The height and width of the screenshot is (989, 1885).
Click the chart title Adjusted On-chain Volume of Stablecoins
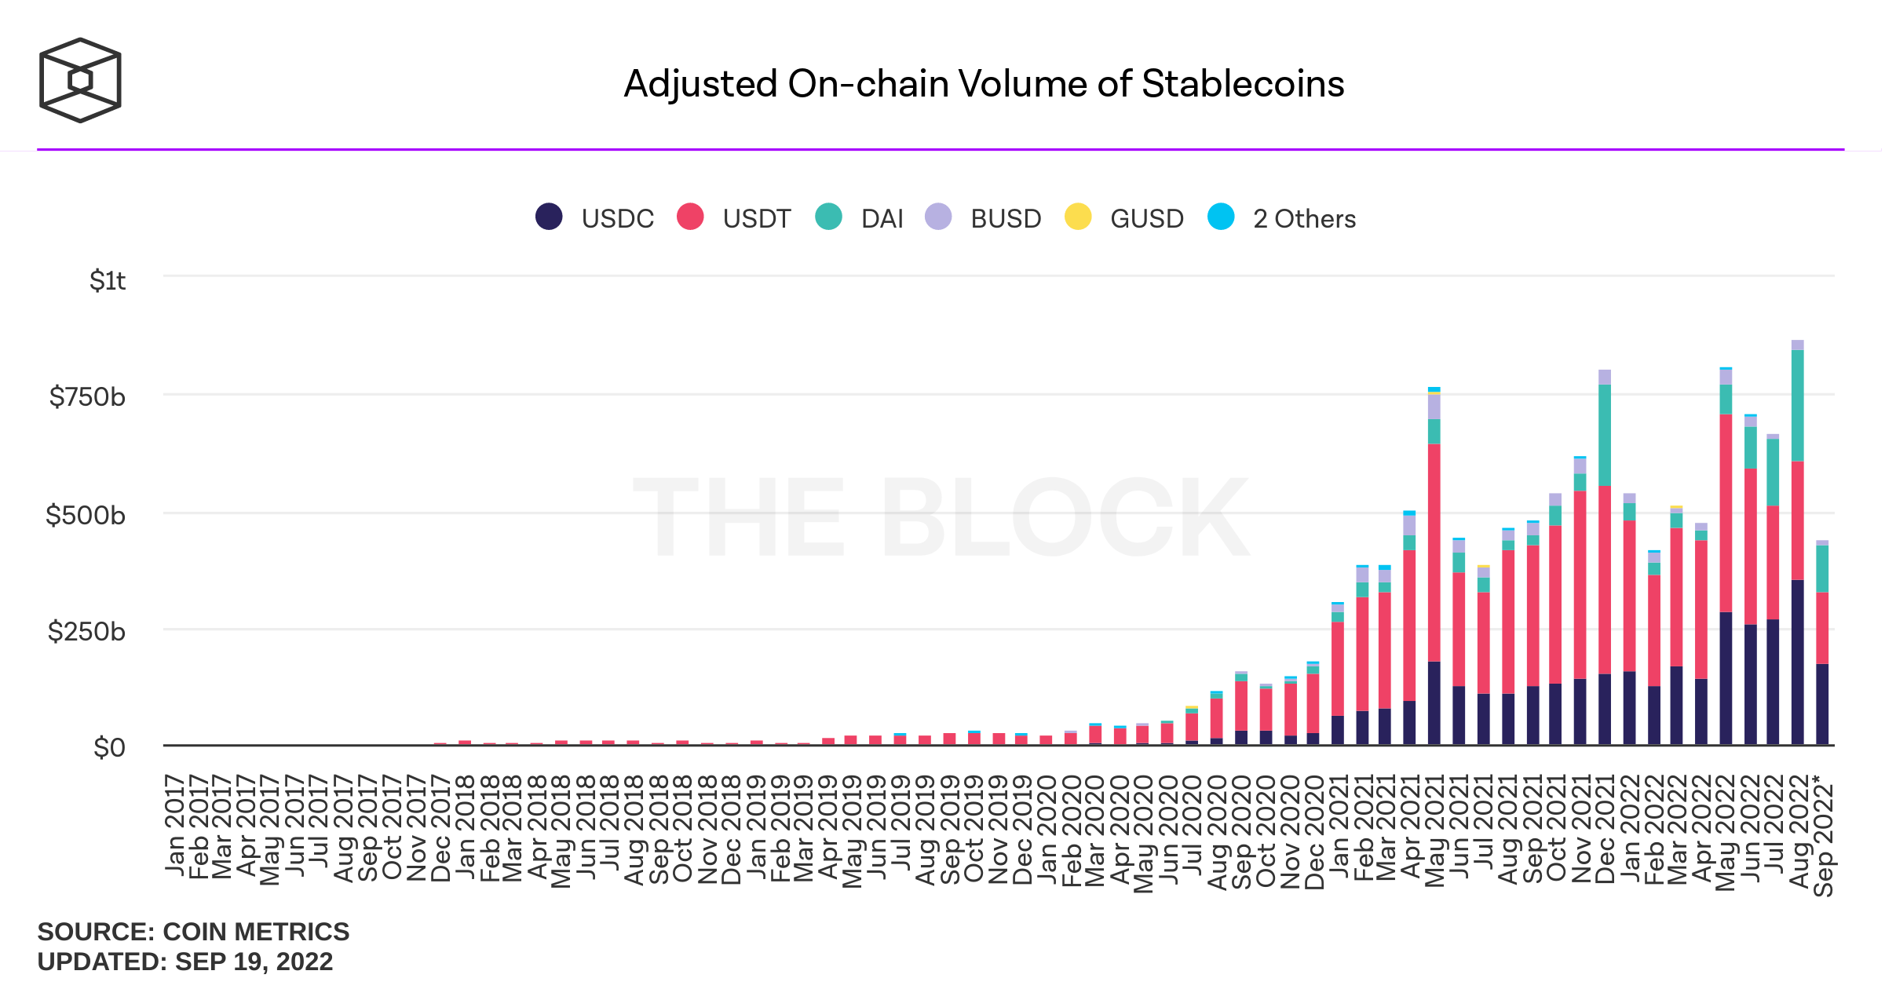984,84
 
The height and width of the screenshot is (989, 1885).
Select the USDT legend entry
734,217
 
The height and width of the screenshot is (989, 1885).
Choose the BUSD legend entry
983,217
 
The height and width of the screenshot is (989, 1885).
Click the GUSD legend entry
1124,217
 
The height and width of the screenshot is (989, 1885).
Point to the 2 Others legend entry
1282,217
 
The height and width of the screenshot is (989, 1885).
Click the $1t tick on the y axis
108,280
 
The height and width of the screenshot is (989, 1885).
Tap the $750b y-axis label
87,397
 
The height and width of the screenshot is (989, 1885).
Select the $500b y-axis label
86,516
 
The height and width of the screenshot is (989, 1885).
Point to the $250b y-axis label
86,631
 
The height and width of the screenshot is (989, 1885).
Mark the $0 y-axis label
109,748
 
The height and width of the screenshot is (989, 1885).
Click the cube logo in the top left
80,80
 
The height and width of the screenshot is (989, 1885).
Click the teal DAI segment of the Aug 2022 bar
1797,405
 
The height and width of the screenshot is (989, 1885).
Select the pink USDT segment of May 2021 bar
1434,553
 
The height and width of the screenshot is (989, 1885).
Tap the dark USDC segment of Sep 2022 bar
1822,704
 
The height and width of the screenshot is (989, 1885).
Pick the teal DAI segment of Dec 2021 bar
1604,435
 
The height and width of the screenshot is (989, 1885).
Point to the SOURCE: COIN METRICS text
193,932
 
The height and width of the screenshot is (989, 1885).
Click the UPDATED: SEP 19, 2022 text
185,962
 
